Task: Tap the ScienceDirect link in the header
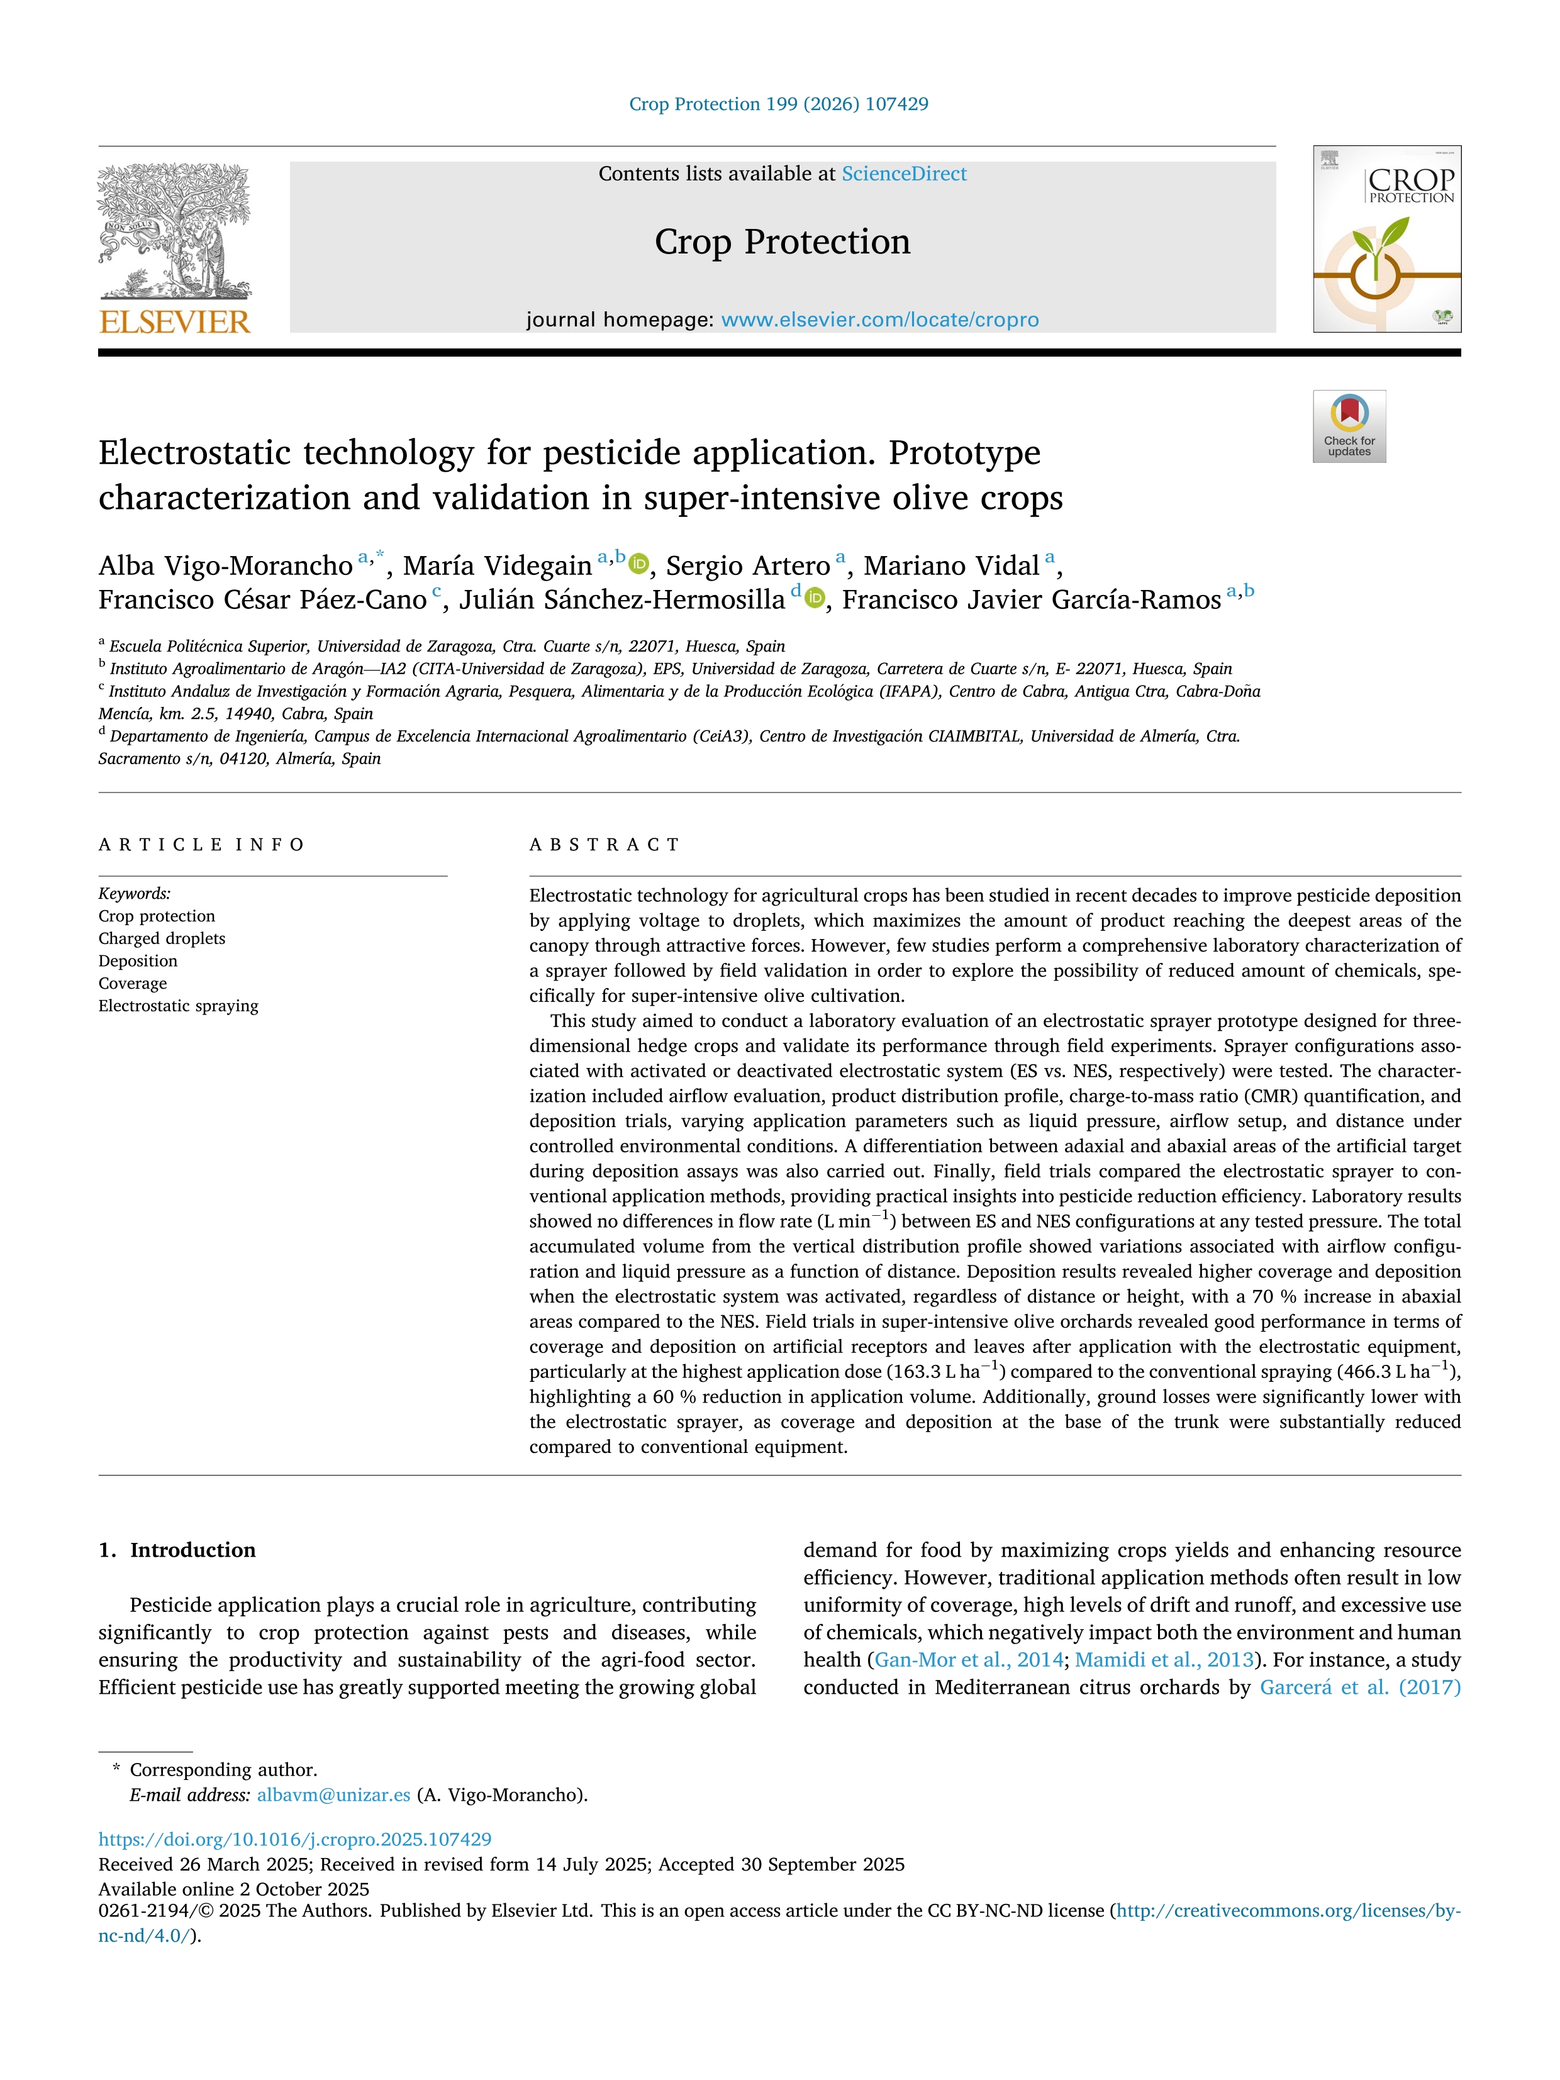pyautogui.click(x=904, y=174)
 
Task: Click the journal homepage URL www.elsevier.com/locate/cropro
pyautogui.click(x=879, y=320)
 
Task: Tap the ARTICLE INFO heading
pyautogui.click(x=201, y=845)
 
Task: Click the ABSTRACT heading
pyautogui.click(x=604, y=845)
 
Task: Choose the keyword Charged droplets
pyautogui.click(x=162, y=938)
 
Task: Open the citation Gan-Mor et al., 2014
pyautogui.click(x=969, y=1660)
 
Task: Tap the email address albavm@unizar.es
pyautogui.click(x=334, y=1794)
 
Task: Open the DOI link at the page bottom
pyautogui.click(x=295, y=1838)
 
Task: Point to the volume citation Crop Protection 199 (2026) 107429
pyautogui.click(x=779, y=104)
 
